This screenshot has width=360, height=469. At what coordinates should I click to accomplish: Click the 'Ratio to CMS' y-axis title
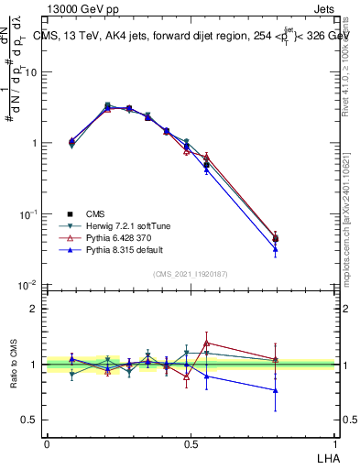click(x=14, y=365)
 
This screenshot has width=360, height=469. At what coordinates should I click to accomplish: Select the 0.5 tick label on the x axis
click(x=191, y=442)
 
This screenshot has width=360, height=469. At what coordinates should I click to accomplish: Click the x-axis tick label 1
click(x=334, y=442)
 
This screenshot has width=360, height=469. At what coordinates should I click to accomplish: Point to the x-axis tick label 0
click(x=47, y=442)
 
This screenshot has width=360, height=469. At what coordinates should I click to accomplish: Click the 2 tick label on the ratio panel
click(x=35, y=309)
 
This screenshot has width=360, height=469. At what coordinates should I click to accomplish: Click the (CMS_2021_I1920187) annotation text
click(x=190, y=272)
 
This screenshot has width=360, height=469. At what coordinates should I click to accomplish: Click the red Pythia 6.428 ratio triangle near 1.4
click(x=207, y=343)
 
